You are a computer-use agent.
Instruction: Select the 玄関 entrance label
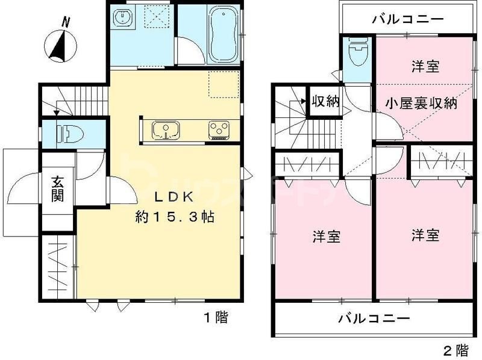58,188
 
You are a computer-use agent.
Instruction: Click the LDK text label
175,197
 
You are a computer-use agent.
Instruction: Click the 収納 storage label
325,101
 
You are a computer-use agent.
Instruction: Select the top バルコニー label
408,19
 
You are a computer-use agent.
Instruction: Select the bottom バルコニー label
374,318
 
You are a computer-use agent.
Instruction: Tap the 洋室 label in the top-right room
425,66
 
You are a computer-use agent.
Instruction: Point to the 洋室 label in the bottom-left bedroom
327,235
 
